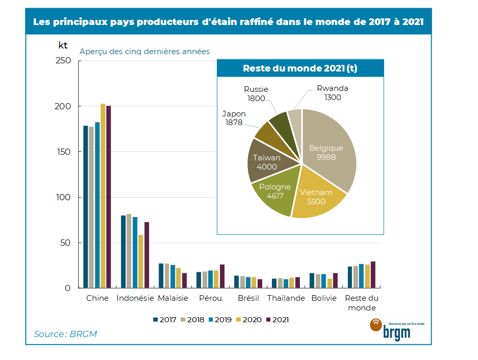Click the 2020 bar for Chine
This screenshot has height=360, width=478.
pyautogui.click(x=103, y=196)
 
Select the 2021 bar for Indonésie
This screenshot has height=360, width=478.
pyautogui.click(x=146, y=255)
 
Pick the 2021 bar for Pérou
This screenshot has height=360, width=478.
pyautogui.click(x=222, y=276)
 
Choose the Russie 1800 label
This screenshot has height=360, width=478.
pyautogui.click(x=256, y=94)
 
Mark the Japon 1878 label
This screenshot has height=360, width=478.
pyautogui.click(x=234, y=118)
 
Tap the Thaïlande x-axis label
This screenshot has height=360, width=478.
pyautogui.click(x=286, y=298)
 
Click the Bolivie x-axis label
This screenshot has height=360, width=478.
pyautogui.click(x=323, y=298)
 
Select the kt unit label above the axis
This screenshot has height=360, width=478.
pyautogui.click(x=63, y=45)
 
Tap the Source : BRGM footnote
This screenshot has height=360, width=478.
pyautogui.click(x=65, y=334)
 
